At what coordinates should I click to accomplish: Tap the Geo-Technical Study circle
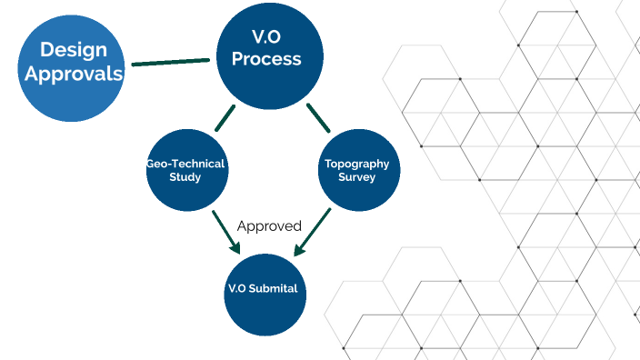point(185,171)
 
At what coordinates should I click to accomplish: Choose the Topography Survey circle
point(356,171)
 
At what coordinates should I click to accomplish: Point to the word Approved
point(269,225)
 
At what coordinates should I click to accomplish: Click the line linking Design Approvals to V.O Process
point(169,63)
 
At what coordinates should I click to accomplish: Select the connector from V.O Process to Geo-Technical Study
point(225,117)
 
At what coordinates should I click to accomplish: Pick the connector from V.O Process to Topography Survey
point(317,117)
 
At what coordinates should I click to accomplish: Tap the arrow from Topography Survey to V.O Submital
point(312,234)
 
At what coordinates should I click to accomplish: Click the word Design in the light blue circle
point(73,51)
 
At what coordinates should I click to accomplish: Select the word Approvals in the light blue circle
point(73,75)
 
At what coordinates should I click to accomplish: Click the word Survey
point(356,177)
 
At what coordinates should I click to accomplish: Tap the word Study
point(185,177)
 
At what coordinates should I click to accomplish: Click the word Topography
point(356,165)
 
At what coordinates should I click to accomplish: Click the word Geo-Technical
point(185,165)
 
